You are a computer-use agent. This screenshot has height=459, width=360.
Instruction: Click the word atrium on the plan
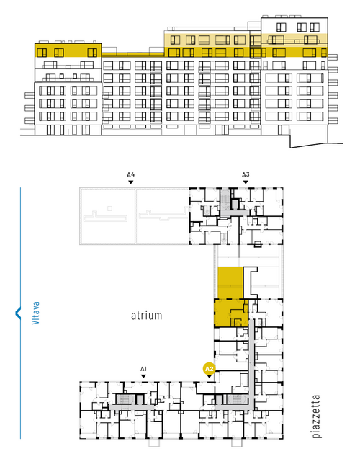[x=146, y=316]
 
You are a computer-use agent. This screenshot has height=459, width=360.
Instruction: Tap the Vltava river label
[x=35, y=313]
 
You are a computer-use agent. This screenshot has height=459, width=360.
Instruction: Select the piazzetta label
[x=316, y=416]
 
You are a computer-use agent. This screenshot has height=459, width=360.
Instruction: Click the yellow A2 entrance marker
[x=209, y=370]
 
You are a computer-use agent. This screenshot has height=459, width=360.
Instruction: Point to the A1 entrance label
[x=143, y=369]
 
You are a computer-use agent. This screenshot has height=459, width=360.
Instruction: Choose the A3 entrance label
[x=246, y=175]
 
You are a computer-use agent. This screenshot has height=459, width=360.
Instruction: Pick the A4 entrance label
[x=131, y=175]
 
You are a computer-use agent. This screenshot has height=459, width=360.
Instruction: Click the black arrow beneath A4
[x=131, y=182]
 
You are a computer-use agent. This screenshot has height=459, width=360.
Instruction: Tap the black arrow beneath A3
[x=246, y=182]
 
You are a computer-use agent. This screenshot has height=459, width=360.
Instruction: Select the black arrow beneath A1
[x=143, y=376]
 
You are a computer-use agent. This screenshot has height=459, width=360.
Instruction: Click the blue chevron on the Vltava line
[x=17, y=313]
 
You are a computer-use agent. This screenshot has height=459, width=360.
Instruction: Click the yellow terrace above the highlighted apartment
[x=230, y=282]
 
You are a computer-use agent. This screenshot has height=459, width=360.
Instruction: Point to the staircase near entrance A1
[x=123, y=399]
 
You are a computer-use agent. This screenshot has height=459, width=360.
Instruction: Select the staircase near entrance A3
[x=225, y=198]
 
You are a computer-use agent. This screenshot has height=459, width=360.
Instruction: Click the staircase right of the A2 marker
[x=235, y=399]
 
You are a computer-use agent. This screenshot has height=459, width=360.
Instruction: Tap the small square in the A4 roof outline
[x=109, y=208]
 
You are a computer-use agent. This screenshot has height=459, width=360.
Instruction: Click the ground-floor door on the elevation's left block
[x=51, y=130]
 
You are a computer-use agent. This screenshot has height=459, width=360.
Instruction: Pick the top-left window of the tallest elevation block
[x=281, y=27]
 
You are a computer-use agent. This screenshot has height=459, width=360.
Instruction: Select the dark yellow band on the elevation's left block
[x=68, y=50]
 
